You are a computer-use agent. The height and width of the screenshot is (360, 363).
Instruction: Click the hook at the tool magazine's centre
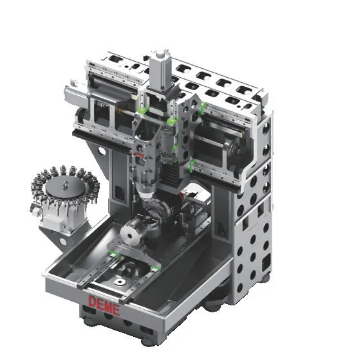pyautogui.click(x=66, y=184)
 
